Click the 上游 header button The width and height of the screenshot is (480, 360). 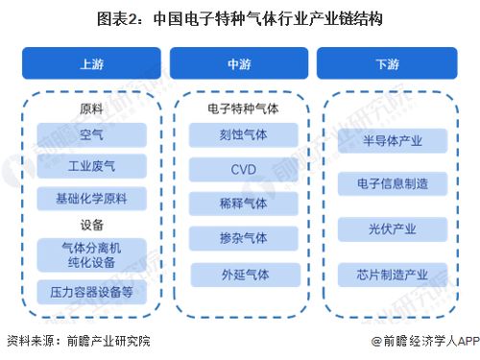(92, 64)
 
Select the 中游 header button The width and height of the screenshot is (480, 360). (239, 64)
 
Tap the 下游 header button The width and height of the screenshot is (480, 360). (386, 64)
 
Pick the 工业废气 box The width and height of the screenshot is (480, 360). (92, 167)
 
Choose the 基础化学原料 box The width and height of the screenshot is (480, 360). (92, 199)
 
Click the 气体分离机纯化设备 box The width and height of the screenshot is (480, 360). (92, 254)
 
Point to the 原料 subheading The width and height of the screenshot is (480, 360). (92, 108)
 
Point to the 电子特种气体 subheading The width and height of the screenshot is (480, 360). (239, 108)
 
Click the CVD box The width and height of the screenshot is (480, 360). (239, 170)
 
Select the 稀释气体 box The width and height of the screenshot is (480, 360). (239, 204)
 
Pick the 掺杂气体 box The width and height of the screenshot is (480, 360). (239, 238)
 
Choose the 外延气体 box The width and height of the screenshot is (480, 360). (239, 274)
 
